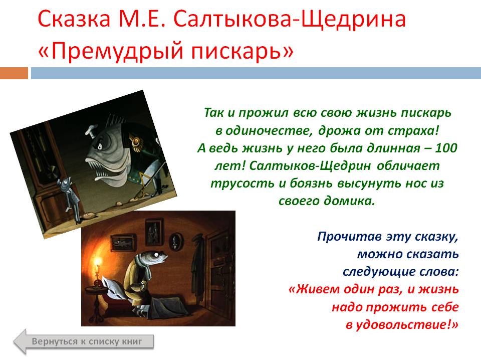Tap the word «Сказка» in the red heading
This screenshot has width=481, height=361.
click(74, 19)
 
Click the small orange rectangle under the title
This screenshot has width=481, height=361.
click(14, 73)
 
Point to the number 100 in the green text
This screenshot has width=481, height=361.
click(446, 148)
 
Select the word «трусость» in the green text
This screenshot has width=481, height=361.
click(243, 184)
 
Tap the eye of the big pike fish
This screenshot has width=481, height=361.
click(99, 147)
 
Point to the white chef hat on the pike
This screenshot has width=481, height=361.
click(91, 130)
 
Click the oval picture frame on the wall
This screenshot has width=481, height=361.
click(176, 241)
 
